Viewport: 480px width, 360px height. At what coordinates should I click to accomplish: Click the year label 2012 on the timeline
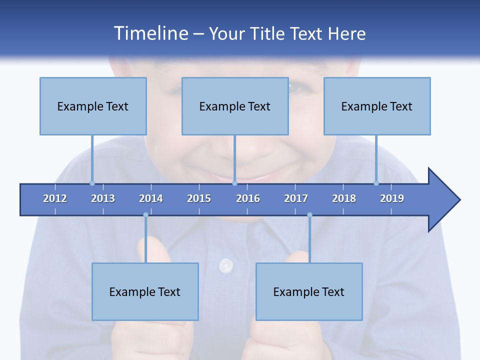click(x=55, y=198)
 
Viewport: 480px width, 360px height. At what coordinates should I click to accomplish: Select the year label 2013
click(x=103, y=198)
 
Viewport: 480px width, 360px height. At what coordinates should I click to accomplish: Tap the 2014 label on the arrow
click(x=151, y=198)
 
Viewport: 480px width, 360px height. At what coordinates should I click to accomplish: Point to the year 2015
click(x=199, y=198)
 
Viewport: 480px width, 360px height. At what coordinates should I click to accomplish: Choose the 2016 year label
click(x=248, y=198)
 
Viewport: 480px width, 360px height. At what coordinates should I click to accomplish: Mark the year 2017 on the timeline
click(x=296, y=198)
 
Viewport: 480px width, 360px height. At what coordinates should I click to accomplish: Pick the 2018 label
click(x=344, y=198)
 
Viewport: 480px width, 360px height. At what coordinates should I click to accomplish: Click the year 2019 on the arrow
click(x=392, y=198)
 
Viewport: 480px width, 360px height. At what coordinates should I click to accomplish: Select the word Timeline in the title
click(x=150, y=33)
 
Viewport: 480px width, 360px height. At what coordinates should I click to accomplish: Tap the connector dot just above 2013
click(x=92, y=183)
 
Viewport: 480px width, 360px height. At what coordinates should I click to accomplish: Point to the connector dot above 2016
click(x=234, y=183)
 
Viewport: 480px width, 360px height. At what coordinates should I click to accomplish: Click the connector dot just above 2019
click(x=376, y=183)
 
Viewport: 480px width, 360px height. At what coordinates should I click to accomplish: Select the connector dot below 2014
click(x=145, y=215)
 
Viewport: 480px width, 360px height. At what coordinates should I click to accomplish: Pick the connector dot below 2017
click(x=309, y=215)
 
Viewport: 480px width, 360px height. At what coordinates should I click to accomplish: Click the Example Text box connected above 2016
click(x=235, y=106)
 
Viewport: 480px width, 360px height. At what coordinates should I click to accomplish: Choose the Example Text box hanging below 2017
click(x=309, y=291)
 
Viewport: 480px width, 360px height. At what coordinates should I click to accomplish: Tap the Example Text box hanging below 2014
click(x=145, y=291)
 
